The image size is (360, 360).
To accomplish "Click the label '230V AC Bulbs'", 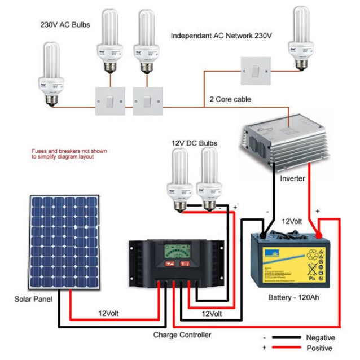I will coord(65,25).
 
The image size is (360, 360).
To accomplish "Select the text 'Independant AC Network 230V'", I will coord(221,36).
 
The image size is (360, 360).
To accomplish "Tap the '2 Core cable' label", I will coord(230,99).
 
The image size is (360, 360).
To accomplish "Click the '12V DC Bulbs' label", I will coord(194,143).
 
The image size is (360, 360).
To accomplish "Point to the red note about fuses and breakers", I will coord(69,154).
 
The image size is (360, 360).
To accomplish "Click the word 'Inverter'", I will coord(292,179).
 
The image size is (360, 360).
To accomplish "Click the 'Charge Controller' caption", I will coord(182,335).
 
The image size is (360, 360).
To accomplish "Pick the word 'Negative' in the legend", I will coord(321,337).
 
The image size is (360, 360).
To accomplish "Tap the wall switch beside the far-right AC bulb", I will coord(257,71).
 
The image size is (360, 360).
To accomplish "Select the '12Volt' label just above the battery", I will coord(293,222).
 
